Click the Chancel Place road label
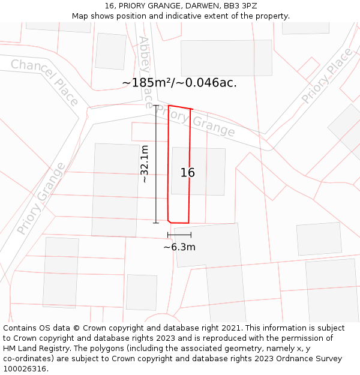coord(44,82)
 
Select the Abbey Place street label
coord(145,72)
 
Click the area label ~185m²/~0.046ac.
coord(179,83)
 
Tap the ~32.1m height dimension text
coord(145,164)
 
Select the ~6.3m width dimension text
coord(179,247)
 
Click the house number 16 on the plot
coord(188,173)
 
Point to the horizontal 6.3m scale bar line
coord(179,235)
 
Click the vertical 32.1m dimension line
coord(156,164)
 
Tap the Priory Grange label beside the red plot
coord(198,121)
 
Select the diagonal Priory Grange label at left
coord(40,199)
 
